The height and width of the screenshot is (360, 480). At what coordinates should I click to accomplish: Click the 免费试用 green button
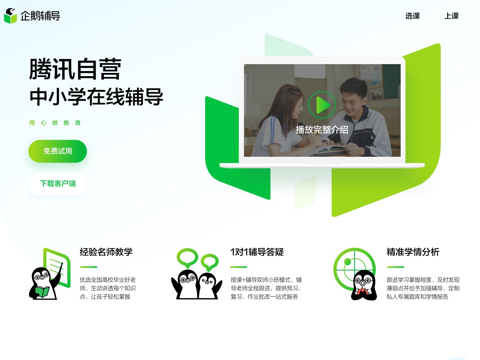click(58, 151)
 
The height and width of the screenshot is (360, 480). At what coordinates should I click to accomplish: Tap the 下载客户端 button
click(58, 184)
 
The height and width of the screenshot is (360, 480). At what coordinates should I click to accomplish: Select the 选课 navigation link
click(412, 16)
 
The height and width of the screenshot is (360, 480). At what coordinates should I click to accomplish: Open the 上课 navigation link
click(451, 16)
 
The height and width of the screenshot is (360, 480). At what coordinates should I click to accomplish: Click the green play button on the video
click(322, 105)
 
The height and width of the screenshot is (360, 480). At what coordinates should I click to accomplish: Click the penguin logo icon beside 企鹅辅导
click(10, 16)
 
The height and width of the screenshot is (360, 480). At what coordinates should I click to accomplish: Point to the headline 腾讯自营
click(75, 69)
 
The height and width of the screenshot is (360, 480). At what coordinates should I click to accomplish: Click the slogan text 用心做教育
click(55, 123)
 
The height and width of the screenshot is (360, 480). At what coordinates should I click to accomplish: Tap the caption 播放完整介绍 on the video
click(322, 129)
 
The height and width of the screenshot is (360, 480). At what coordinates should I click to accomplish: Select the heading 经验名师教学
click(106, 252)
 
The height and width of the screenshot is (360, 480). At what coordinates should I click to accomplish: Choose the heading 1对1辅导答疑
click(257, 252)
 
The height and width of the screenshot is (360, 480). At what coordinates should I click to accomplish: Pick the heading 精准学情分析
click(413, 252)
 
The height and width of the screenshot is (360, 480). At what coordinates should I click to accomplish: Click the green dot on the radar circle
click(347, 262)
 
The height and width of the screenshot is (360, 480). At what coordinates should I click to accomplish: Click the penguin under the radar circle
click(364, 285)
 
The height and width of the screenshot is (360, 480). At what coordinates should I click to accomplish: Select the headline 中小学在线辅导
click(96, 97)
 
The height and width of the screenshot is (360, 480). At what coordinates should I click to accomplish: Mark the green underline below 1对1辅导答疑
click(238, 267)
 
